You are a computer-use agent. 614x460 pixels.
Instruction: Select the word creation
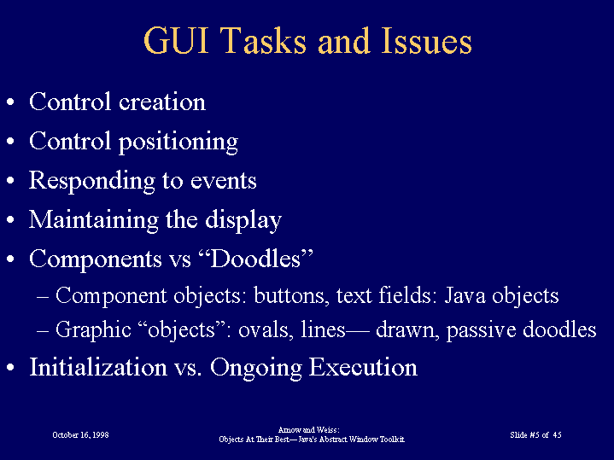tap(162, 102)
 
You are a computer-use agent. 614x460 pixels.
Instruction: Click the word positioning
tap(178, 143)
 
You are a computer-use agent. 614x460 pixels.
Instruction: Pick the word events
tap(223, 181)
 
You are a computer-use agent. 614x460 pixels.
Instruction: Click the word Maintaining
tap(94, 220)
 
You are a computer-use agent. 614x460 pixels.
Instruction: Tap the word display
tap(243, 220)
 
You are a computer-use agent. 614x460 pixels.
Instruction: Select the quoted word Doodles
tap(256, 259)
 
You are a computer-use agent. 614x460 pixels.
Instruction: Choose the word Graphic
tap(93, 329)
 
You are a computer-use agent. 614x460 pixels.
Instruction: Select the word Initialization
tap(98, 367)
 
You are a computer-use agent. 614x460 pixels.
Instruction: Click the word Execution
tap(363, 367)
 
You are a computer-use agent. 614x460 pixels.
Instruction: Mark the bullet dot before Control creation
tap(10, 102)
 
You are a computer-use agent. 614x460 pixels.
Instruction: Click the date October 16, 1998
tap(80, 435)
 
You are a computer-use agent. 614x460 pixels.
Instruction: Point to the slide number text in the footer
tap(535, 435)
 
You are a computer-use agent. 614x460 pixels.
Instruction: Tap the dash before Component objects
tap(43, 297)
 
